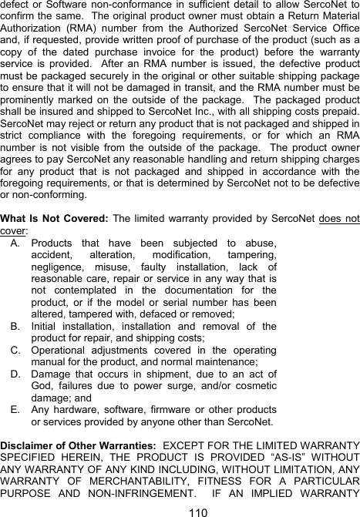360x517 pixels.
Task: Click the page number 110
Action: tap(180, 511)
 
